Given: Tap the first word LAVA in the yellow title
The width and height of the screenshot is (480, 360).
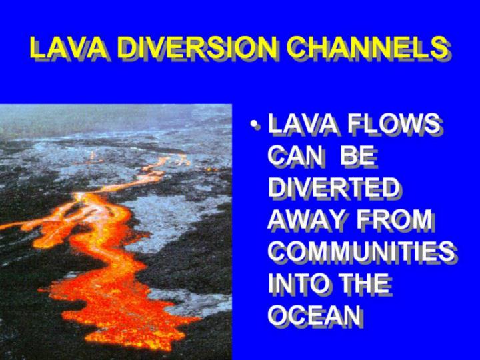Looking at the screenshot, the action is click(x=68, y=47).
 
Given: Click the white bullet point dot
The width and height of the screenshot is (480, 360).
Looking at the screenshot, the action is click(x=254, y=124).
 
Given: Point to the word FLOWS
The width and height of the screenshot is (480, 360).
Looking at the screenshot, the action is click(x=393, y=123).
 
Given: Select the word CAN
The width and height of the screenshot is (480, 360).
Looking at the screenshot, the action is click(x=295, y=155).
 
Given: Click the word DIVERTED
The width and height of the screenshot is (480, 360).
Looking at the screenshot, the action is click(x=334, y=187).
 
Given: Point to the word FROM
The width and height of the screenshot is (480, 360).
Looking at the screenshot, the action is click(x=394, y=219).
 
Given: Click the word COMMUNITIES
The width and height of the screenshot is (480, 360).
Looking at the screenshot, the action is click(x=361, y=251).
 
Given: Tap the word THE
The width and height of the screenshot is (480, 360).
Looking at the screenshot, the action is click(x=364, y=283).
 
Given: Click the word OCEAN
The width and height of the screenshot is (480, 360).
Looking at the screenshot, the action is click(x=314, y=315).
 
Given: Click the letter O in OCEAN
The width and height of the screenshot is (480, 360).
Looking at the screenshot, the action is click(x=278, y=315).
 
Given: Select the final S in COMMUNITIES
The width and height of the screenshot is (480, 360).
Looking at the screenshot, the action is click(x=446, y=251).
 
